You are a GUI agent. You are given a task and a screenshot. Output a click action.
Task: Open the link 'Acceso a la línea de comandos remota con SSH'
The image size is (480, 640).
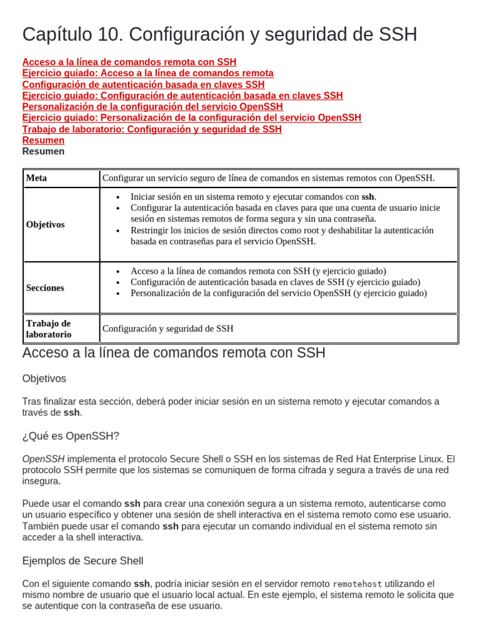click(129, 62)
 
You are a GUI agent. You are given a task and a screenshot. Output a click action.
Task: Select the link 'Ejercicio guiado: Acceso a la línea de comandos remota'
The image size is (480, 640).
click(147, 74)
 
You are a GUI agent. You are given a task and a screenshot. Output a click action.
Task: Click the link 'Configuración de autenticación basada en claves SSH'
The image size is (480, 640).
click(143, 85)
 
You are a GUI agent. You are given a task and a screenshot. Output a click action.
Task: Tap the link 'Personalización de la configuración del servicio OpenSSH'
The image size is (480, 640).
click(152, 107)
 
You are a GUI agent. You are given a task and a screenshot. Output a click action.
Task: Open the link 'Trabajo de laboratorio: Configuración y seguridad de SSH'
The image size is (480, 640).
click(152, 129)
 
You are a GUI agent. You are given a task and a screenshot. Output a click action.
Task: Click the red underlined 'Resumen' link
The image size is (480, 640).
click(43, 141)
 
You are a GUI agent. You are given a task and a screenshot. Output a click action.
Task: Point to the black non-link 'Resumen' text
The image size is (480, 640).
click(43, 151)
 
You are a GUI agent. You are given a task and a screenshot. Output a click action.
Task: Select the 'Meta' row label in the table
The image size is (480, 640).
click(36, 178)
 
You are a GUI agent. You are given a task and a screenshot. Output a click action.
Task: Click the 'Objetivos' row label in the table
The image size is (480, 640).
click(45, 224)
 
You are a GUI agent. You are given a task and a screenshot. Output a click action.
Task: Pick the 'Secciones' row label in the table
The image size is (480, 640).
click(45, 287)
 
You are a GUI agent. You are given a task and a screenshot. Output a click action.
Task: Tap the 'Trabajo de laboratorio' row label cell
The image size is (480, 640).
click(49, 329)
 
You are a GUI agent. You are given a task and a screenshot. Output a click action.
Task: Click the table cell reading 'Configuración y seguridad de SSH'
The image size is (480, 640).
click(167, 329)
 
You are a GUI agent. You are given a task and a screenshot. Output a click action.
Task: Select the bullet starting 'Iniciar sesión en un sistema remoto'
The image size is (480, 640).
click(253, 197)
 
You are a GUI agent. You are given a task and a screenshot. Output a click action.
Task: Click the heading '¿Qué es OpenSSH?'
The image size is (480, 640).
click(70, 436)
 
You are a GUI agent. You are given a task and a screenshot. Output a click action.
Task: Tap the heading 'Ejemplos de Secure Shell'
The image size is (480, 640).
click(82, 561)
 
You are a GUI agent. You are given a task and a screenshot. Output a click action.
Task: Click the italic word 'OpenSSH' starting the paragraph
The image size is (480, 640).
click(43, 459)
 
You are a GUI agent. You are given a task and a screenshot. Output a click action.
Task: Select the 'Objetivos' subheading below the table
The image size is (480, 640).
click(44, 379)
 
